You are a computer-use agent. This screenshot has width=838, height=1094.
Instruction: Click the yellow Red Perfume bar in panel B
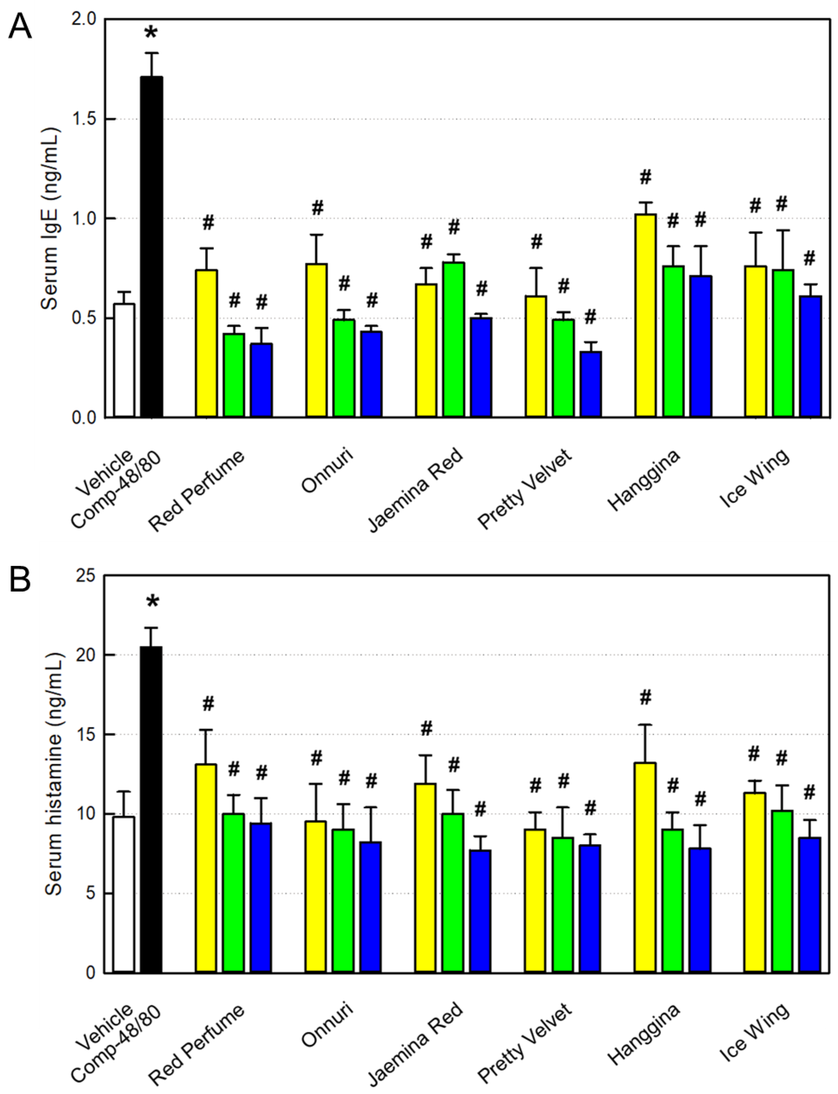pyautogui.click(x=206, y=868)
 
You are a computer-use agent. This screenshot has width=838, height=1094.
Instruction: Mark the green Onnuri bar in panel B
pyautogui.click(x=343, y=900)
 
